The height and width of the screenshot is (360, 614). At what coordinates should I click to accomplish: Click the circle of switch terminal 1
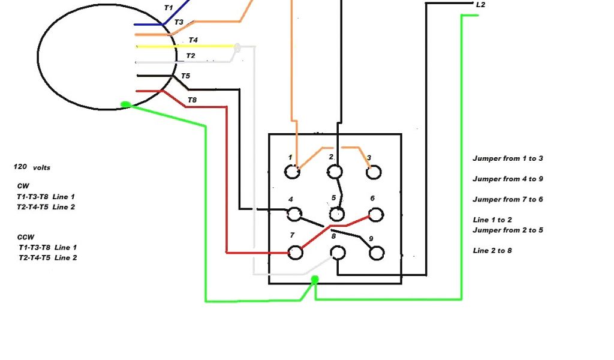coord(292,172)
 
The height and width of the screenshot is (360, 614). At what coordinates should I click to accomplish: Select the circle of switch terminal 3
coord(373,172)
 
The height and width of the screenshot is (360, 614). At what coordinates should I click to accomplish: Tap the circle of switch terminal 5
coord(337,214)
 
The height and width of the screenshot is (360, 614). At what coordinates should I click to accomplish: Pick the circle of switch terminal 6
coord(375,214)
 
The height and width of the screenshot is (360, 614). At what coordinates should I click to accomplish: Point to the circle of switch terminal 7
coord(294,252)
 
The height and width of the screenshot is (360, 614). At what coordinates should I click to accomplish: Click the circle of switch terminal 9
coord(376,253)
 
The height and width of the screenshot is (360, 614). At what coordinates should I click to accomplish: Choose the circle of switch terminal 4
coord(294,214)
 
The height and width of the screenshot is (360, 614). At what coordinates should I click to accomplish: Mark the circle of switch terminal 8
coord(338,253)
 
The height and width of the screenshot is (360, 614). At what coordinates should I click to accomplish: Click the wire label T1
coord(168,8)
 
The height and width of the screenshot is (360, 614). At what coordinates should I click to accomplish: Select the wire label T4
coord(193,40)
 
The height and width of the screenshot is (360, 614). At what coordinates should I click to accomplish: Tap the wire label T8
coord(192,100)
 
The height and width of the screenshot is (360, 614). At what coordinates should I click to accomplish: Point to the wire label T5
coord(185,76)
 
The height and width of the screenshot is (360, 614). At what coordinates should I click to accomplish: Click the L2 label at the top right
coord(480,5)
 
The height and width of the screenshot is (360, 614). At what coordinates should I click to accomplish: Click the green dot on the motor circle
coord(125,105)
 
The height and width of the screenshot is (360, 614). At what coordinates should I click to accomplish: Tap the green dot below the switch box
coord(315,279)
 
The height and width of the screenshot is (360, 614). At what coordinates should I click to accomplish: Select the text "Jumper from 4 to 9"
coord(508,179)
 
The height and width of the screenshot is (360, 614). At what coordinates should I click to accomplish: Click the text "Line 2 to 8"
coord(492,250)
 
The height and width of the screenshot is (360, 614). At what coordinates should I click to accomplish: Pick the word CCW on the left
coord(24,237)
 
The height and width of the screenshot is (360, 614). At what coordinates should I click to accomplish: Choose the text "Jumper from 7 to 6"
coord(508,199)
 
